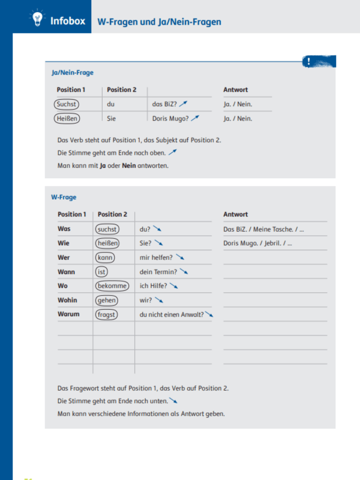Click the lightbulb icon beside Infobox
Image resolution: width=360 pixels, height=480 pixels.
click(x=37, y=20)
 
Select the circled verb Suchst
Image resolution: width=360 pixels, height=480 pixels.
click(x=66, y=104)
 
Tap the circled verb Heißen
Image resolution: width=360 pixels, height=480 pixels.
click(x=66, y=119)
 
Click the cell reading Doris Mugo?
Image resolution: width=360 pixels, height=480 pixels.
click(x=170, y=119)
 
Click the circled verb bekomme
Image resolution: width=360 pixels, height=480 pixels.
click(x=112, y=286)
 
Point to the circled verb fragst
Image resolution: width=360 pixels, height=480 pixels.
click(x=107, y=314)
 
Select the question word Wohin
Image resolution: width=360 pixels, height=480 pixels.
click(x=68, y=300)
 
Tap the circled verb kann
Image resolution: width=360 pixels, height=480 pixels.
click(x=105, y=257)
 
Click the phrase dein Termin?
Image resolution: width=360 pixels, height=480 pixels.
click(x=158, y=272)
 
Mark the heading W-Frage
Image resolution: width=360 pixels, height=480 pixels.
click(x=64, y=197)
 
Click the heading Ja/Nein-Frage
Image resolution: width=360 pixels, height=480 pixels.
click(x=73, y=73)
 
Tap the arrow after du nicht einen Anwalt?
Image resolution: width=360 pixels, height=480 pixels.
click(x=209, y=314)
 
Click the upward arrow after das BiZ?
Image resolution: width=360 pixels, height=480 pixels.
click(x=183, y=104)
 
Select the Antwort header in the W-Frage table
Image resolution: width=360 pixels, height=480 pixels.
click(x=235, y=214)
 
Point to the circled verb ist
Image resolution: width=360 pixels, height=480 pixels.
click(x=101, y=272)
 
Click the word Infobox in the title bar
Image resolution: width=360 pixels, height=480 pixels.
click(x=68, y=22)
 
